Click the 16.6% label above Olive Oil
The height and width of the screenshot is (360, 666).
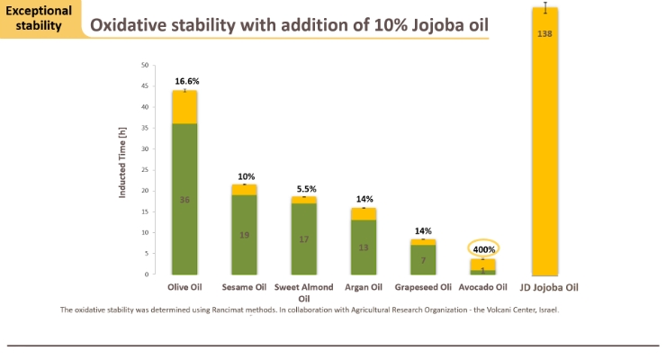(187, 81)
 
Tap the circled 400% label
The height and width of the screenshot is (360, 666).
(484, 249)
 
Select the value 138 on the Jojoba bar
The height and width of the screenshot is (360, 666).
(544, 34)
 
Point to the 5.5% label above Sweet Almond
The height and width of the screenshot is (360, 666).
(306, 189)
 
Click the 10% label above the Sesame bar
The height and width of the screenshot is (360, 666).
(247, 176)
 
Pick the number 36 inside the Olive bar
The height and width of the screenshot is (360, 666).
(184, 200)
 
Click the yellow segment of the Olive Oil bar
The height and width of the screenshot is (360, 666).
(184, 107)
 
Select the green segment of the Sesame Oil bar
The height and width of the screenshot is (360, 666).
(244, 234)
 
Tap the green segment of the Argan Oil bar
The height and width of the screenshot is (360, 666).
(364, 247)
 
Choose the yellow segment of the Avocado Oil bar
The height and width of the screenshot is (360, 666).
(483, 265)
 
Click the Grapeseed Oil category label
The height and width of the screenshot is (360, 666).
(423, 287)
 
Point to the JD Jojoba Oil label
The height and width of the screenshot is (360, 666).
(549, 287)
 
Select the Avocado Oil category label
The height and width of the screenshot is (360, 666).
(483, 287)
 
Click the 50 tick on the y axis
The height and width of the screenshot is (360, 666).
(145, 66)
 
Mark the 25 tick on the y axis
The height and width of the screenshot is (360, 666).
(145, 170)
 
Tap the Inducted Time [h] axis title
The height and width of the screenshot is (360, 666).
(122, 162)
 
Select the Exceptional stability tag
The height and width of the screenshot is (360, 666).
(39, 18)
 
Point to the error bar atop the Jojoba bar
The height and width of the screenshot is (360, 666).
(545, 7)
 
